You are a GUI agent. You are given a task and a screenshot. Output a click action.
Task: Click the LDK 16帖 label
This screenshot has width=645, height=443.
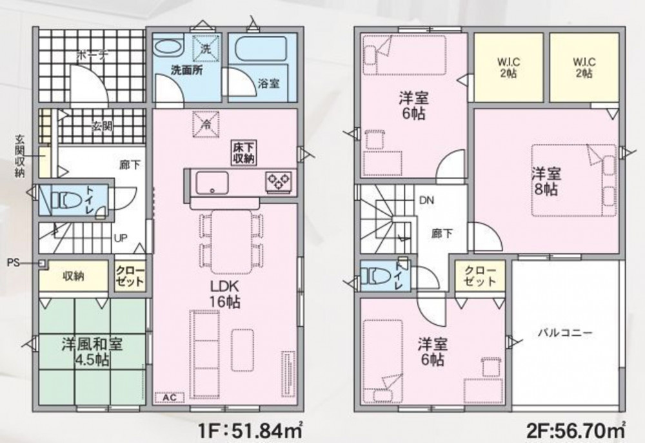224,294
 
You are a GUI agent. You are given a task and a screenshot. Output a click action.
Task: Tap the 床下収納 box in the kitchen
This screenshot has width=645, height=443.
244,153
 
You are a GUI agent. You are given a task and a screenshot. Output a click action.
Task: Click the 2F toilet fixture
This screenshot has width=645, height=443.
378,276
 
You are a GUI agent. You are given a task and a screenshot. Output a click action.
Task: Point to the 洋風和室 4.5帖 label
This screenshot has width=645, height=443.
92,353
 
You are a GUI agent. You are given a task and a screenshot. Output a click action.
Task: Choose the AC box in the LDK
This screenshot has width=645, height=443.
170,398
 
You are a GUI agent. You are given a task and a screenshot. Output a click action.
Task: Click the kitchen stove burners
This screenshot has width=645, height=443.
279,181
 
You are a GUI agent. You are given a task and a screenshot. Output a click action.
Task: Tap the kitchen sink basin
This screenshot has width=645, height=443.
212,183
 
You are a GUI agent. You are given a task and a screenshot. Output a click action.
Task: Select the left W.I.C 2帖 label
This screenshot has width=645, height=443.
508,68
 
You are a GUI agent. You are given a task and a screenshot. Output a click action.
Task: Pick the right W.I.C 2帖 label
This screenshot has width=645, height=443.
584,68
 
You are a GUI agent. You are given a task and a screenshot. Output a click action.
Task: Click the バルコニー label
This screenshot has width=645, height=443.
565,333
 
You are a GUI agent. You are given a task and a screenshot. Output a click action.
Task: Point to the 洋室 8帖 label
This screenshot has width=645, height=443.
546,181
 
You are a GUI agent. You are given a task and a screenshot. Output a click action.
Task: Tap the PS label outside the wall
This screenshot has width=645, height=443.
13,262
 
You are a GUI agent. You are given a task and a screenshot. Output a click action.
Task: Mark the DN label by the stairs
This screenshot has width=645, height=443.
426,200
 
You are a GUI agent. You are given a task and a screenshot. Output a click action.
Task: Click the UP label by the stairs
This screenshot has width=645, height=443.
121,238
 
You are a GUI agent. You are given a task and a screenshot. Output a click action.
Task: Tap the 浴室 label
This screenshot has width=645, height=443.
268,83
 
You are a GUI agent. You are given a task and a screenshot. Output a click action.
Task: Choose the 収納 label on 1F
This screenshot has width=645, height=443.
74,276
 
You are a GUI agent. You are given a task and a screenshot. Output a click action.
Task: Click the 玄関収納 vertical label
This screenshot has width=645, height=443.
20,156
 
